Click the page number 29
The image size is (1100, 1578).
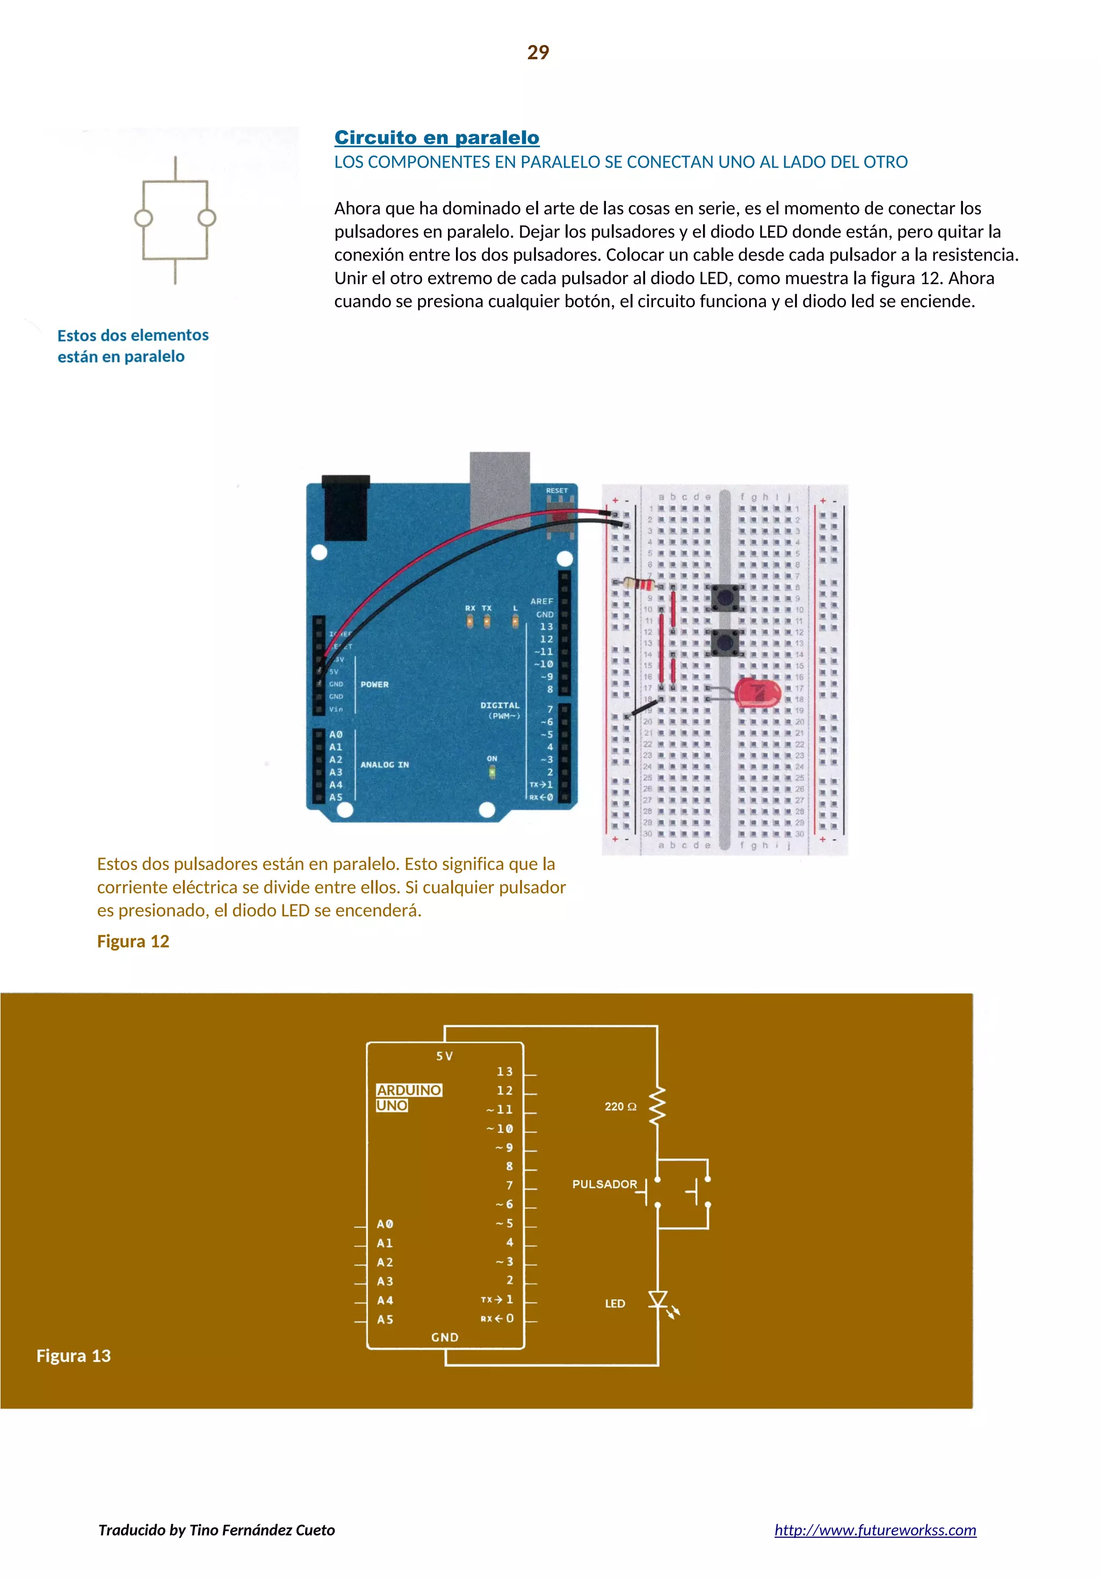[x=538, y=52]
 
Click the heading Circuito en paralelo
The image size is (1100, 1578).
[x=437, y=137]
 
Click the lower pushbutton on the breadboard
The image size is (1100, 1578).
[x=724, y=642]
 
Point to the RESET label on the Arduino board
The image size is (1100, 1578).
[x=557, y=491]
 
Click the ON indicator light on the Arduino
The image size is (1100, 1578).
[x=492, y=772]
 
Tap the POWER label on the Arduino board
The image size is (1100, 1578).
[x=375, y=684]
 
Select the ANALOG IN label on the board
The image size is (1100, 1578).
[x=385, y=764]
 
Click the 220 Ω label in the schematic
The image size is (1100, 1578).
[x=620, y=1106]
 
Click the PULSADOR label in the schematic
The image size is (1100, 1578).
[x=604, y=1184]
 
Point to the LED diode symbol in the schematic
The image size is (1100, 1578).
[x=658, y=1299]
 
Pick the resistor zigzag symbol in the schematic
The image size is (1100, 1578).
[x=657, y=1105]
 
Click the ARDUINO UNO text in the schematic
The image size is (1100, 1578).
[x=408, y=1098]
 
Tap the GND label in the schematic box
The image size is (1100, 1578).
[x=445, y=1337]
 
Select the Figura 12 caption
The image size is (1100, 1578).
[x=133, y=941]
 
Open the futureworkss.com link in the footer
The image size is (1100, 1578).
[x=874, y=1529]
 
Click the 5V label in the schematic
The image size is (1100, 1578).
[x=445, y=1055]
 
